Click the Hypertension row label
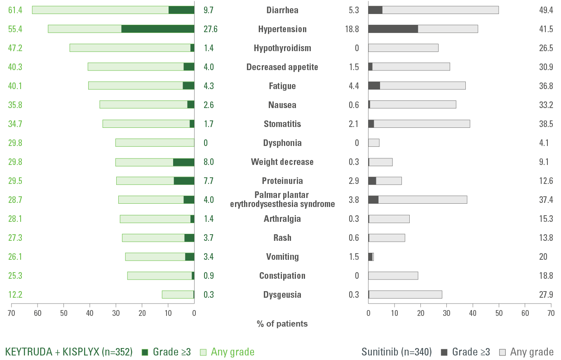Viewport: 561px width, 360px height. pos(282,29)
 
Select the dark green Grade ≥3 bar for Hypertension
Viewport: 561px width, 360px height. pos(157,29)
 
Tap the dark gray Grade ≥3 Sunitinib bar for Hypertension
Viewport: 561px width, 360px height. pos(393,29)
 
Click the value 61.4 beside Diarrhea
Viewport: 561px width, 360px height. pos(15,10)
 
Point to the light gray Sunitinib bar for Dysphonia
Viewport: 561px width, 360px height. pos(374,143)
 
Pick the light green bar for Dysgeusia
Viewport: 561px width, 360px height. pos(177,294)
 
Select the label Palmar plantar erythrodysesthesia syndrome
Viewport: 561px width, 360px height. pos(282,200)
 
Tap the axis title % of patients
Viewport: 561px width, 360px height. pos(282,324)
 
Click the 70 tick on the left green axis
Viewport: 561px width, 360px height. pos(12,312)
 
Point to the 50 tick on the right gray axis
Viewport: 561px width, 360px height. pos(499,312)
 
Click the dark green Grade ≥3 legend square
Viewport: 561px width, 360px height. pos(145,352)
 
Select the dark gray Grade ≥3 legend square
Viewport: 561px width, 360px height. pos(444,352)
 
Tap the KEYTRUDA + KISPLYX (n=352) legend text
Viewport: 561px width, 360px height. pos(68,352)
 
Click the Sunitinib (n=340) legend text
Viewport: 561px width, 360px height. pos(397,352)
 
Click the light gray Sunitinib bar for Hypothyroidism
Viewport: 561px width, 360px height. pos(403,48)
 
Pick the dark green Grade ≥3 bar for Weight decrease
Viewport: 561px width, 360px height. pos(183,162)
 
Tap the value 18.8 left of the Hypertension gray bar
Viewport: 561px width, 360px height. pos(354,29)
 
